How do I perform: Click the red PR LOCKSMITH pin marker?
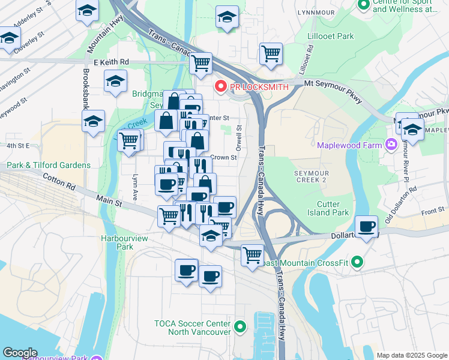220,87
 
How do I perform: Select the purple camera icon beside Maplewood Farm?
391,144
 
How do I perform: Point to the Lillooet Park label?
329,37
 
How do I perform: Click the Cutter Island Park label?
333,208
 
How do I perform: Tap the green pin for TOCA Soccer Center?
240,327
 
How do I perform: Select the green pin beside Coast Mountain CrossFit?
357,262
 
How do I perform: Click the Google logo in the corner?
20,353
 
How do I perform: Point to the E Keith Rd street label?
111,62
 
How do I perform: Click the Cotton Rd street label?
58,181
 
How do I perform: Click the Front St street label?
432,212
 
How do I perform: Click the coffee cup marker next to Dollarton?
366,227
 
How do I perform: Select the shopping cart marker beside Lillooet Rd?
271,54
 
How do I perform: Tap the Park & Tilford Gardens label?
49,165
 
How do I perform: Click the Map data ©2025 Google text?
411,355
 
